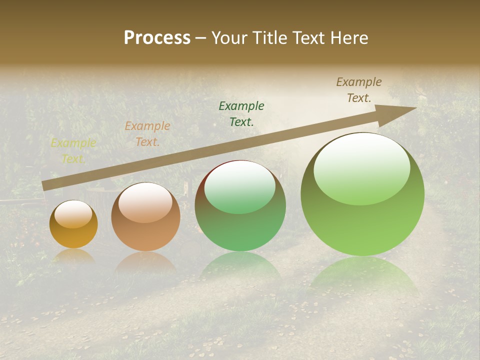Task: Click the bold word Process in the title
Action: click(157, 38)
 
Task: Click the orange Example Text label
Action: click(147, 134)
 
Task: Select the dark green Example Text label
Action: click(241, 113)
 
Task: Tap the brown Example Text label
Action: click(359, 90)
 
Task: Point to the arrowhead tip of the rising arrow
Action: click(415, 108)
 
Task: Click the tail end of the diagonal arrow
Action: click(43, 186)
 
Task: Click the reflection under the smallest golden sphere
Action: click(73, 256)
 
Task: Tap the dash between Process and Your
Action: click(201, 38)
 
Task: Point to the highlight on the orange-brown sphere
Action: click(145, 202)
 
